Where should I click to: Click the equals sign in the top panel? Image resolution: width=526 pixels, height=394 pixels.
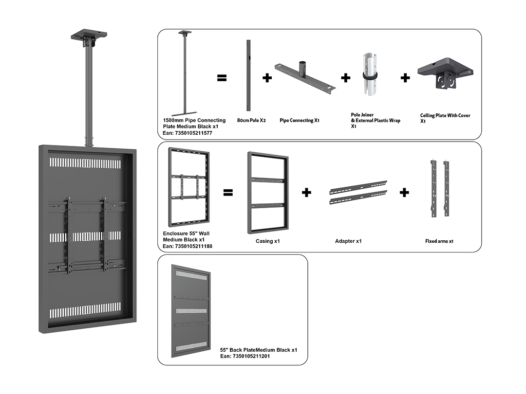click(222, 78)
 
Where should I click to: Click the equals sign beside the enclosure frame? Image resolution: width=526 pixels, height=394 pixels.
click(228, 193)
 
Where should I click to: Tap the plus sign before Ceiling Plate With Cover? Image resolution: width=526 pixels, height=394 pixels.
click(405, 78)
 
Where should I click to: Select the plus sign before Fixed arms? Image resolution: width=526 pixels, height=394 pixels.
click(404, 193)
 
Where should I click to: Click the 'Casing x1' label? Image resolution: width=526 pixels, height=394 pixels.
click(267, 241)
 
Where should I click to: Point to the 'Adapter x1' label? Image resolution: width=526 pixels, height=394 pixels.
click(348, 241)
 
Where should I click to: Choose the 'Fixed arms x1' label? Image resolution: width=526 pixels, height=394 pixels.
click(439, 241)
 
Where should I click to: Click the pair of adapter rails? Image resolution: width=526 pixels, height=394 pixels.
click(358, 193)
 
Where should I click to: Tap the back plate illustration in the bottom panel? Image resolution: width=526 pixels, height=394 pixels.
click(191, 311)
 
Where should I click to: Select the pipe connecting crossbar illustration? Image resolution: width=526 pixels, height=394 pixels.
click(305, 78)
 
